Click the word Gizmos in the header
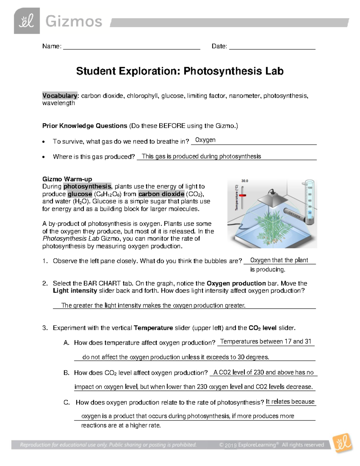pyautogui.click(x=74, y=22)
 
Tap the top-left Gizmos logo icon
pyautogui.click(x=27, y=21)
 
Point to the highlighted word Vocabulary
pyautogui.click(x=60, y=96)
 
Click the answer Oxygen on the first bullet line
pyautogui.click(x=205, y=140)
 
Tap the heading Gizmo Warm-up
pyautogui.click(x=67, y=179)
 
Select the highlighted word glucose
pyautogui.click(x=80, y=194)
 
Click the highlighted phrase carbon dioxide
pyautogui.click(x=161, y=194)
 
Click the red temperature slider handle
pyautogui.click(x=242, y=195)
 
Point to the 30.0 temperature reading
pyautogui.click(x=245, y=181)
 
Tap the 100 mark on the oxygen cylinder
pyautogui.click(x=310, y=188)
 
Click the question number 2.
pyautogui.click(x=45, y=283)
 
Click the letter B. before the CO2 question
pyautogui.click(x=66, y=373)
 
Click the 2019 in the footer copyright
pyautogui.click(x=230, y=445)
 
